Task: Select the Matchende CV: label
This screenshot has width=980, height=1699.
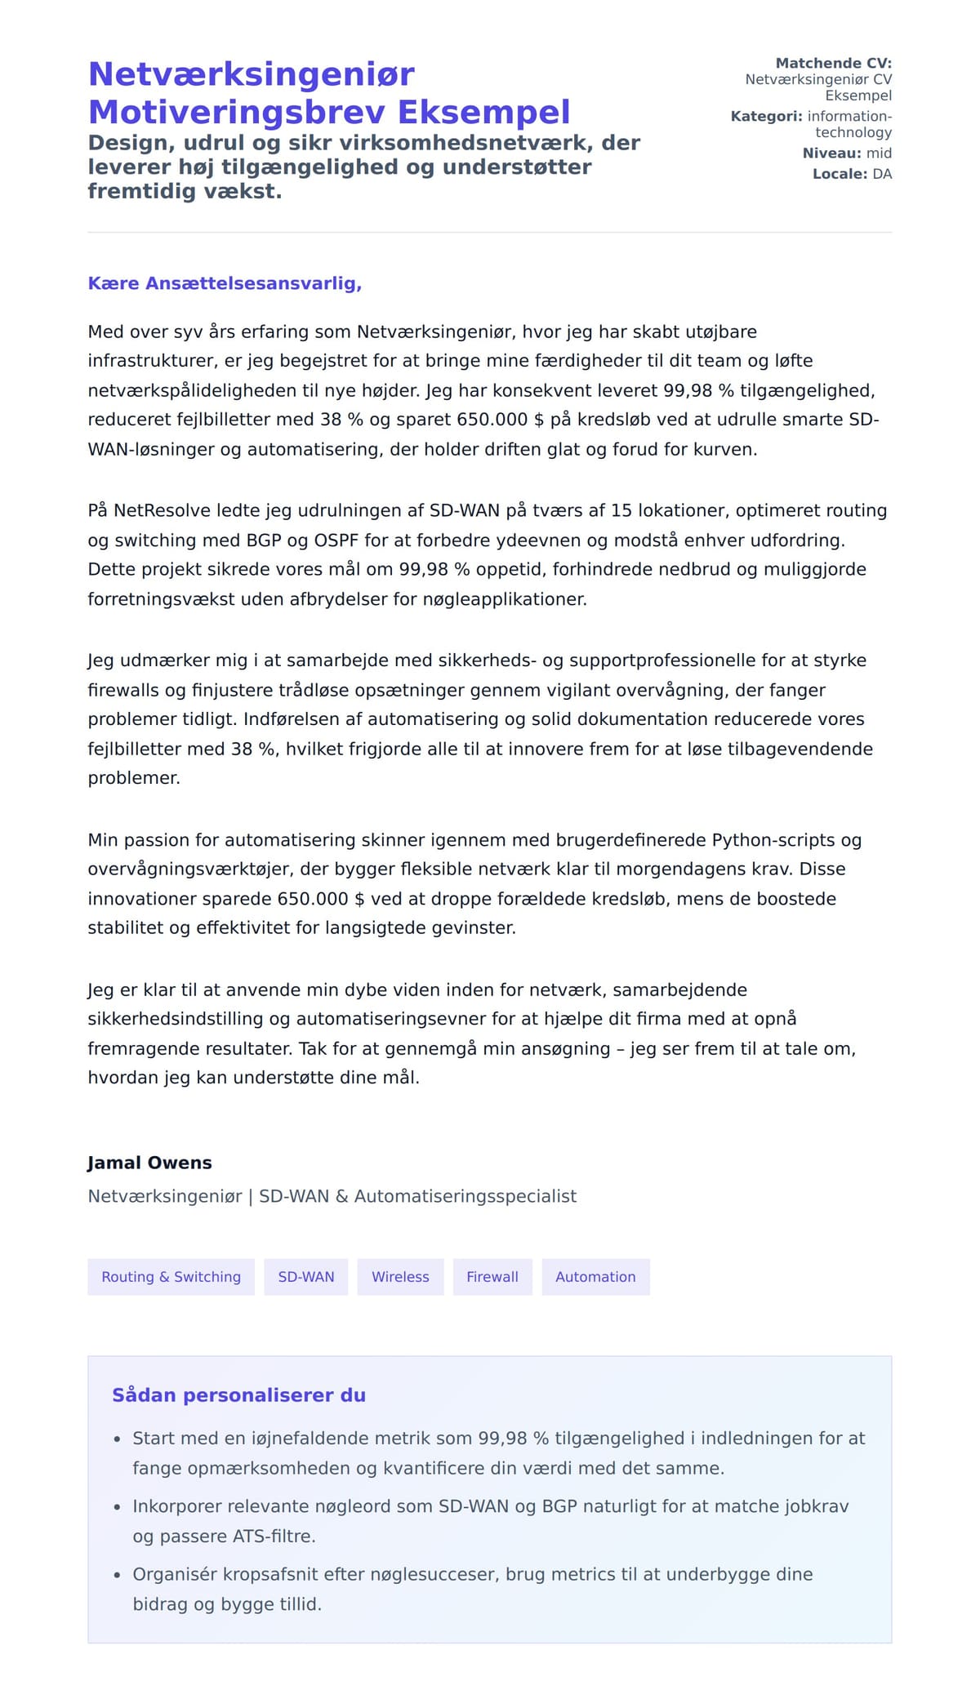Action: (x=833, y=63)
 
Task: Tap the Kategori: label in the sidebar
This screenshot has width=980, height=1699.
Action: (x=766, y=116)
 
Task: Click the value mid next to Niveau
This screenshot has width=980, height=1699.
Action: (x=879, y=153)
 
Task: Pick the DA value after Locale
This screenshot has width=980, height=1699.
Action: (x=882, y=174)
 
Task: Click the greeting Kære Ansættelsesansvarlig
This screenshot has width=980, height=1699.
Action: (x=225, y=283)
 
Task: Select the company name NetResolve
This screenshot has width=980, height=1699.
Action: (x=162, y=510)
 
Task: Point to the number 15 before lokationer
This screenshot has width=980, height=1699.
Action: (x=621, y=510)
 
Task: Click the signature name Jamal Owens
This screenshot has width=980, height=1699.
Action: (x=149, y=1163)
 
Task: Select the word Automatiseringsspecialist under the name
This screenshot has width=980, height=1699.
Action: (x=465, y=1196)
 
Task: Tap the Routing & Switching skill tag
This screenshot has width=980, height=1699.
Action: (x=171, y=1277)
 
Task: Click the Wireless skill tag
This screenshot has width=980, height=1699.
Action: (x=400, y=1277)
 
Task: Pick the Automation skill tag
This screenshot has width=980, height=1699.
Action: (x=595, y=1277)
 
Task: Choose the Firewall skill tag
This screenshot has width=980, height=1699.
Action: (x=492, y=1277)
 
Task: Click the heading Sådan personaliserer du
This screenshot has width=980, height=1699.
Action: (x=238, y=1394)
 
